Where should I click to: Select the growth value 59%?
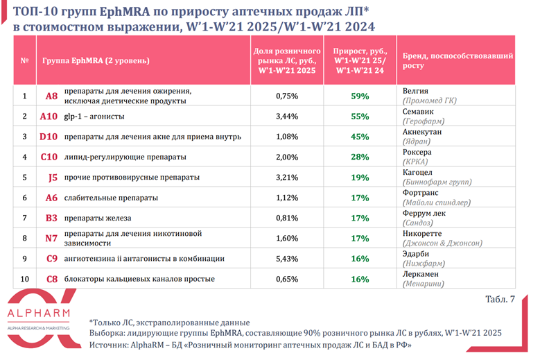coord(360,96)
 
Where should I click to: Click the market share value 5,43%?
coord(287,259)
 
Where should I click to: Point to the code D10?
coord(49,137)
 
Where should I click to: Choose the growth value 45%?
coord(360,137)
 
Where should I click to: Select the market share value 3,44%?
coord(287,117)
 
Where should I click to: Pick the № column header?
coord(25,60)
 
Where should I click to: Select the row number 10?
coord(25,279)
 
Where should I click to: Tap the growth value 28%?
coord(360,157)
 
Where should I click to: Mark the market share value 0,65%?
coord(287,279)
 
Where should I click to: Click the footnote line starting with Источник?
coord(250,344)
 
